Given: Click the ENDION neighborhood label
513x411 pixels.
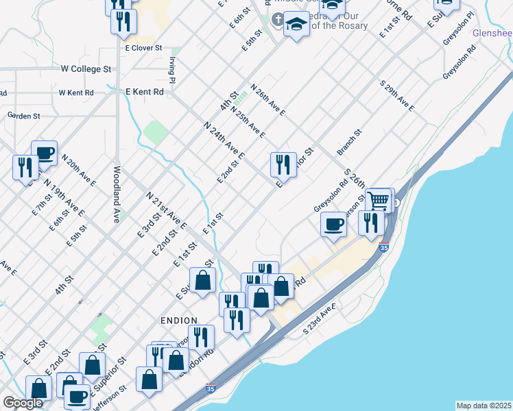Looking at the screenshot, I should tap(179, 321).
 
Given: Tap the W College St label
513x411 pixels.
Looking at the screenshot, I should tap(86, 69).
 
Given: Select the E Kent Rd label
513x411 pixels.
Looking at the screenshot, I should tap(145, 91).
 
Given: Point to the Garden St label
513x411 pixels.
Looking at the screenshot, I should tap(25, 116).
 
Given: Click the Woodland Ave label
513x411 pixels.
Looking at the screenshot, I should tap(117, 194).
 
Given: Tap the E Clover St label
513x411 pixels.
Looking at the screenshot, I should tap(143, 48).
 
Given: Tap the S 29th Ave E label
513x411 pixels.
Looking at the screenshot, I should tap(397, 96).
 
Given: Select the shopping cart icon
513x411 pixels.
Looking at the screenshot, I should tap(378, 201).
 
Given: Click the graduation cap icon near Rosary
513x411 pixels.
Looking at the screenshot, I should tap(296, 25).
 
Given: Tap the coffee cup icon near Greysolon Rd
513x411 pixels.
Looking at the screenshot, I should tap(334, 224).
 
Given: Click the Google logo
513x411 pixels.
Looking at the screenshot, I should tap(23, 403).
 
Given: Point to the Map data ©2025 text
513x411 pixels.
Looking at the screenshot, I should tap(484, 406).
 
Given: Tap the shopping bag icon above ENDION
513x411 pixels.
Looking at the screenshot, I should tap(203, 279).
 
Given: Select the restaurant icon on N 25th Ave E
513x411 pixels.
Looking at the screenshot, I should tap(283, 164).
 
